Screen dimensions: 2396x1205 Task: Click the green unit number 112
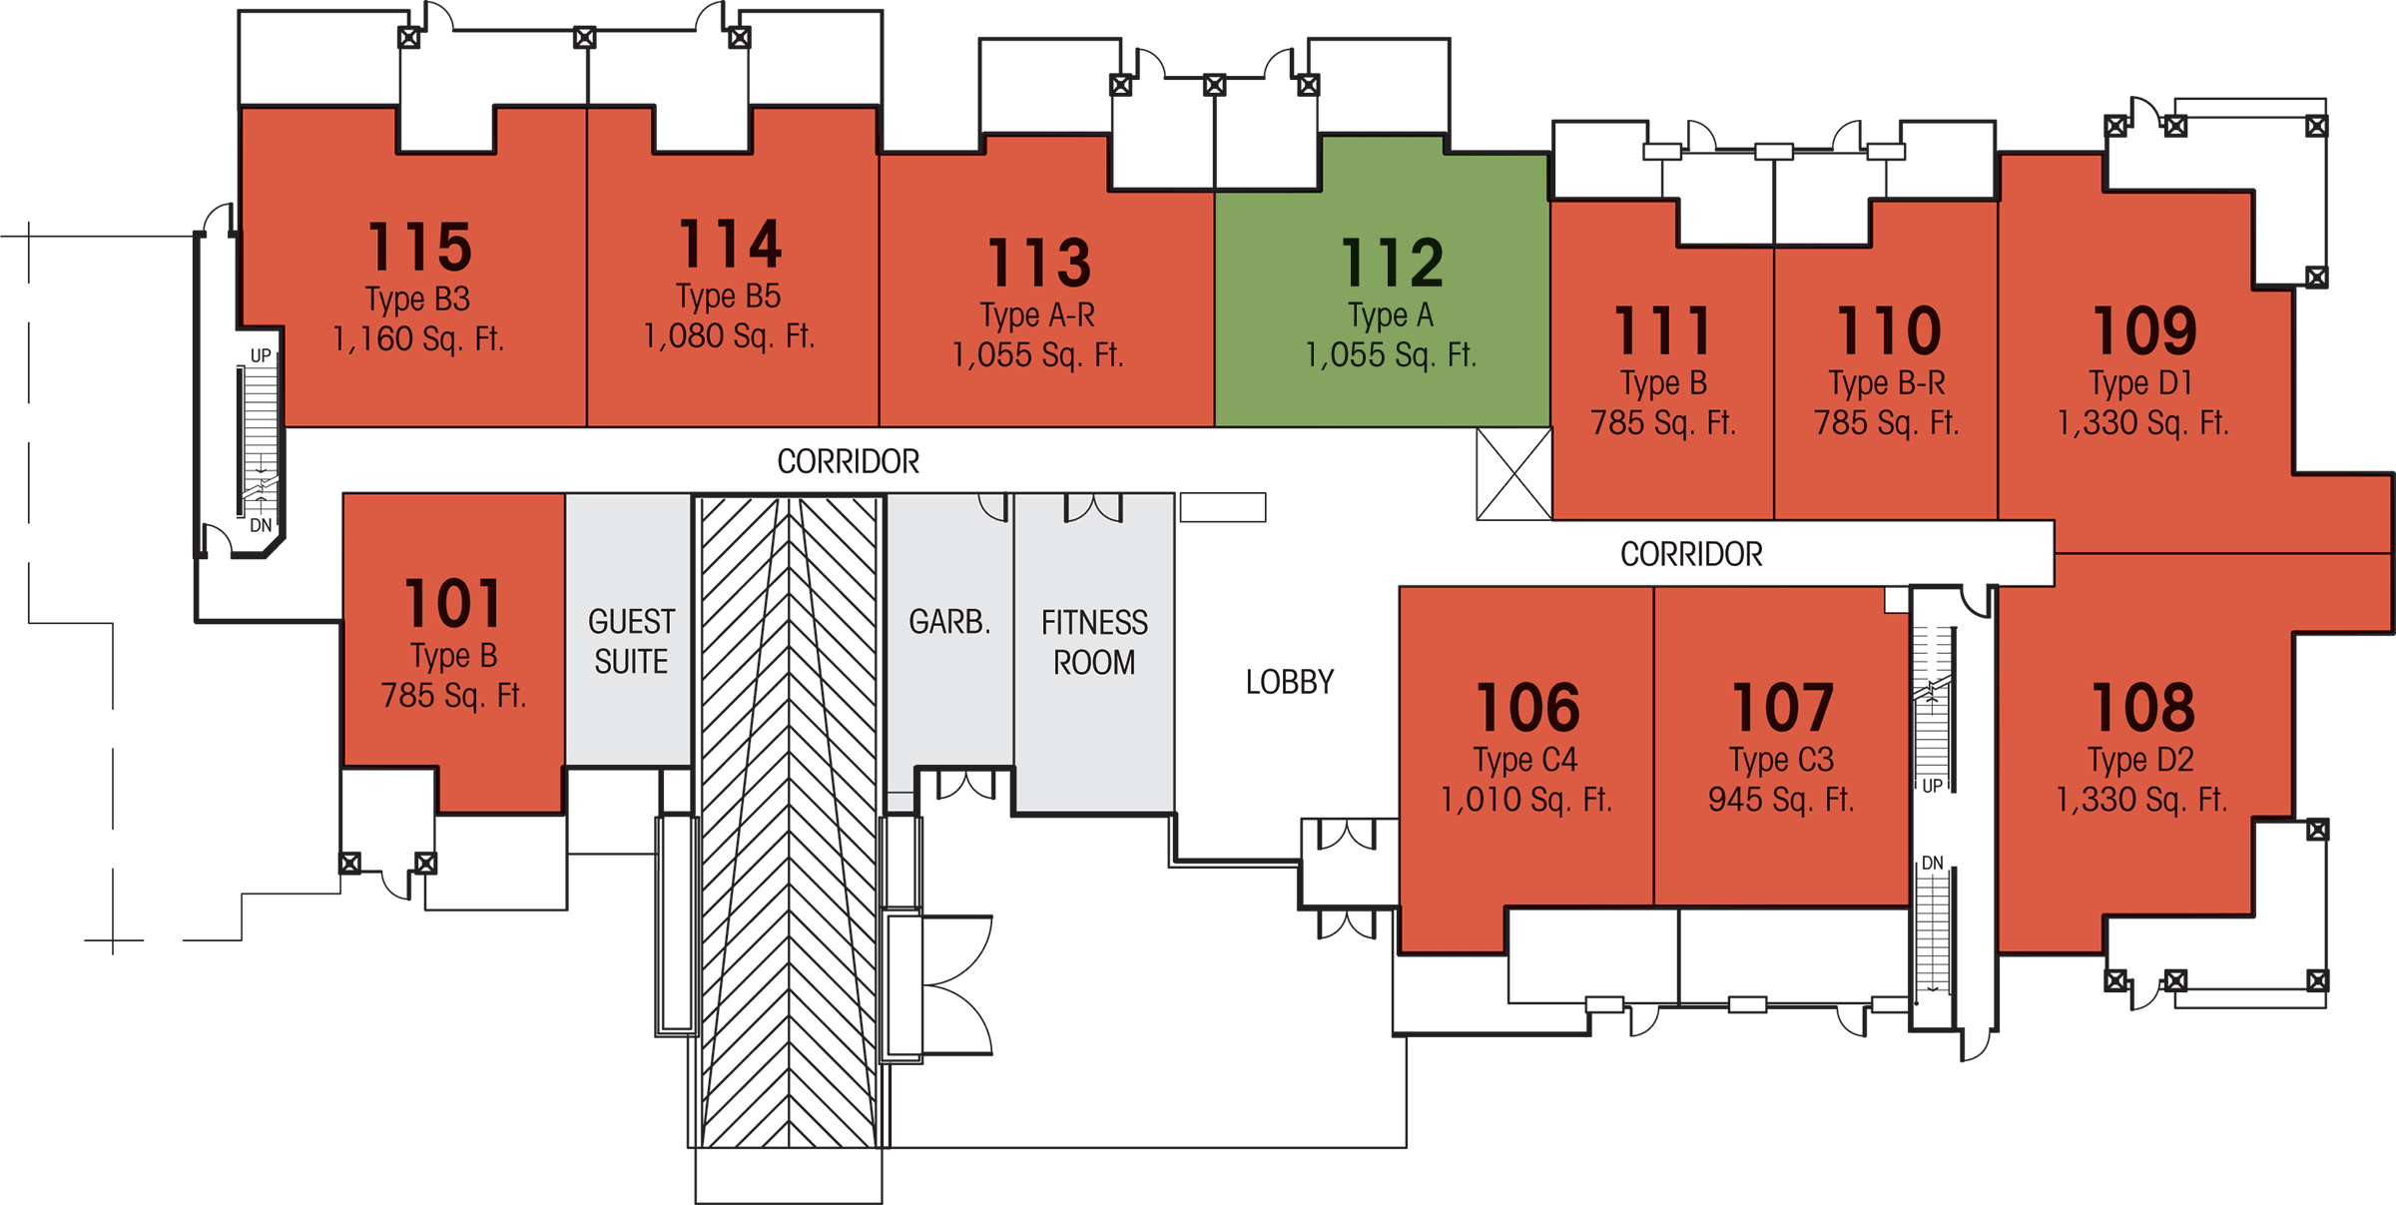coord(1393,263)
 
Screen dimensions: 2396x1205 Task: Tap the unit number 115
coord(420,247)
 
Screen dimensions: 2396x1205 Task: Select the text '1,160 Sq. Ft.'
coord(418,338)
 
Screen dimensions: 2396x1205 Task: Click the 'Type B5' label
coord(728,297)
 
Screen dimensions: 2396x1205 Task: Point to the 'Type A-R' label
coord(1038,315)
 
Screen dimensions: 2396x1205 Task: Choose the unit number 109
coord(2144,330)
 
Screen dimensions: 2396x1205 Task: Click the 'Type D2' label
coord(2141,760)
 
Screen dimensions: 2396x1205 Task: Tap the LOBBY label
coord(1290,682)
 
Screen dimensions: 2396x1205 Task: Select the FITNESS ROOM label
coord(1094,642)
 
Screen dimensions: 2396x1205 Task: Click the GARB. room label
coord(949,622)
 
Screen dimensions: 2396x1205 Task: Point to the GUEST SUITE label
coord(631,641)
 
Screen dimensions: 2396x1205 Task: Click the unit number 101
coord(453,604)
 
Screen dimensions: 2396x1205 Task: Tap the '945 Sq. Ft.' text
coord(1781,800)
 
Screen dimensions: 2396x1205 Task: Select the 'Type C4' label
coord(1525,760)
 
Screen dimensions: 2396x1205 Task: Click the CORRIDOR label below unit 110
coord(1691,554)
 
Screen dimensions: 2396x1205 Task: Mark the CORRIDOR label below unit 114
coord(849,461)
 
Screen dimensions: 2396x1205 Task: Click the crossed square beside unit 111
coord(1514,474)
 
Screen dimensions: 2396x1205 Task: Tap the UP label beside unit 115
coord(261,355)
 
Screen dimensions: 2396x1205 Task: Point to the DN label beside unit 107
coord(1933,863)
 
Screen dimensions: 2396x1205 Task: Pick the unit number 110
coord(1889,330)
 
